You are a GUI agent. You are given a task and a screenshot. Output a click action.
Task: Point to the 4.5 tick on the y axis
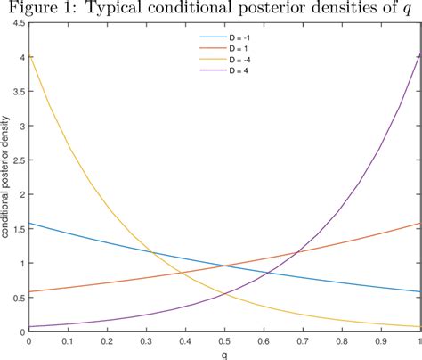coord(17,24)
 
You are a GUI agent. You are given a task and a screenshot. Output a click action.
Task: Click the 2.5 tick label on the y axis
coord(17,160)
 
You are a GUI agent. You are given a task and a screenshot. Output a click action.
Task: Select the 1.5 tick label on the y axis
coord(17,229)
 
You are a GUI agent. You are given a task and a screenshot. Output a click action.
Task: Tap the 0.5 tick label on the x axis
coord(225,340)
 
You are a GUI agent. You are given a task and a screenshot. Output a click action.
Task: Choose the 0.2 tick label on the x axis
coord(107,340)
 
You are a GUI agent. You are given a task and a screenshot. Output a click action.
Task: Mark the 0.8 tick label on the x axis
coord(343,340)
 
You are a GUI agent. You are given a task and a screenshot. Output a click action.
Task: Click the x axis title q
coord(224,353)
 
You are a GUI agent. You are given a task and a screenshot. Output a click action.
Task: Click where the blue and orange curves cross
coord(224,265)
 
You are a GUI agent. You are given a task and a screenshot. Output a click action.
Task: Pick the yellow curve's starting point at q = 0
coord(28,55)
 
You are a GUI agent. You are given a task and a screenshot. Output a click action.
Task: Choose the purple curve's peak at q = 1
coord(420,55)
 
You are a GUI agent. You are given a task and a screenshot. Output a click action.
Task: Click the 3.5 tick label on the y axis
coord(17,92)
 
